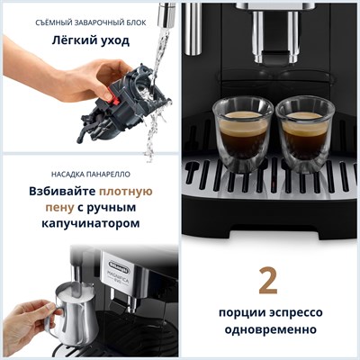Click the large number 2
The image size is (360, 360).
click(267, 280)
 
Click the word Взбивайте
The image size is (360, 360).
click(56, 191)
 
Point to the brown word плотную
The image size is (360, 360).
click(126, 191)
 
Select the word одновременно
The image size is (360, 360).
click(267, 330)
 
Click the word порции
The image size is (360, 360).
click(240, 313)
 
